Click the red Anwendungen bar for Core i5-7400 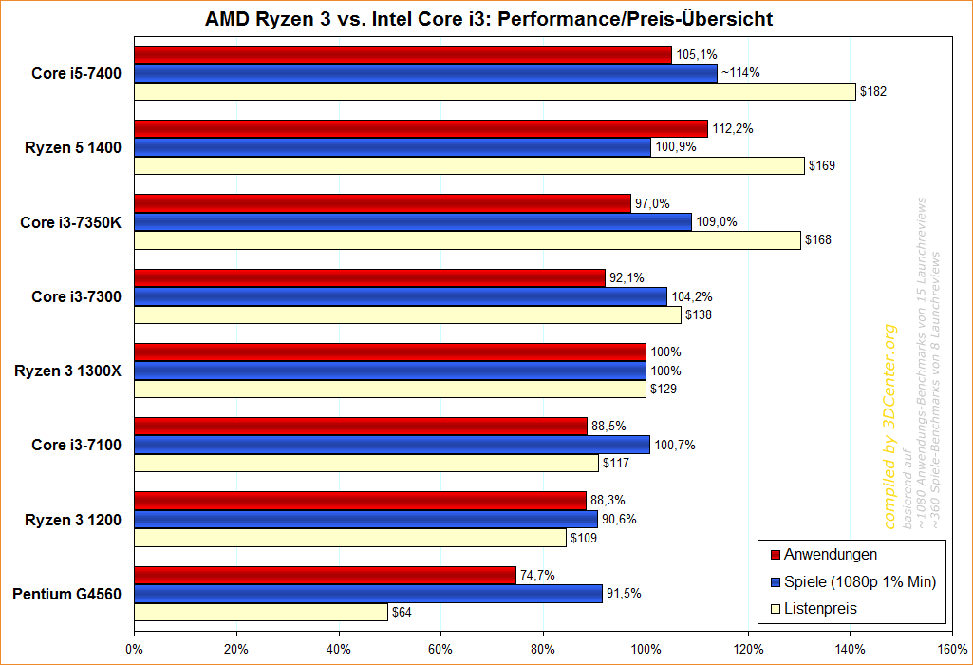pos(402,54)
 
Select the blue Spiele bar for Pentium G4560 pos(368,594)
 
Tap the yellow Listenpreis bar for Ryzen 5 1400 pos(469,166)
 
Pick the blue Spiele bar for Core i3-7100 pos(392,445)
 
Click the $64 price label pos(402,613)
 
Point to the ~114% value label pos(740,72)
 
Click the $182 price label pos(872,92)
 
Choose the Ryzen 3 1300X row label pos(67,370)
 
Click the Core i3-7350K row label pos(70,221)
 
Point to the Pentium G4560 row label pos(66,595)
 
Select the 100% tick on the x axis pos(646,649)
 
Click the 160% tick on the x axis pos(951,649)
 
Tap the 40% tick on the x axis pos(339,649)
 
